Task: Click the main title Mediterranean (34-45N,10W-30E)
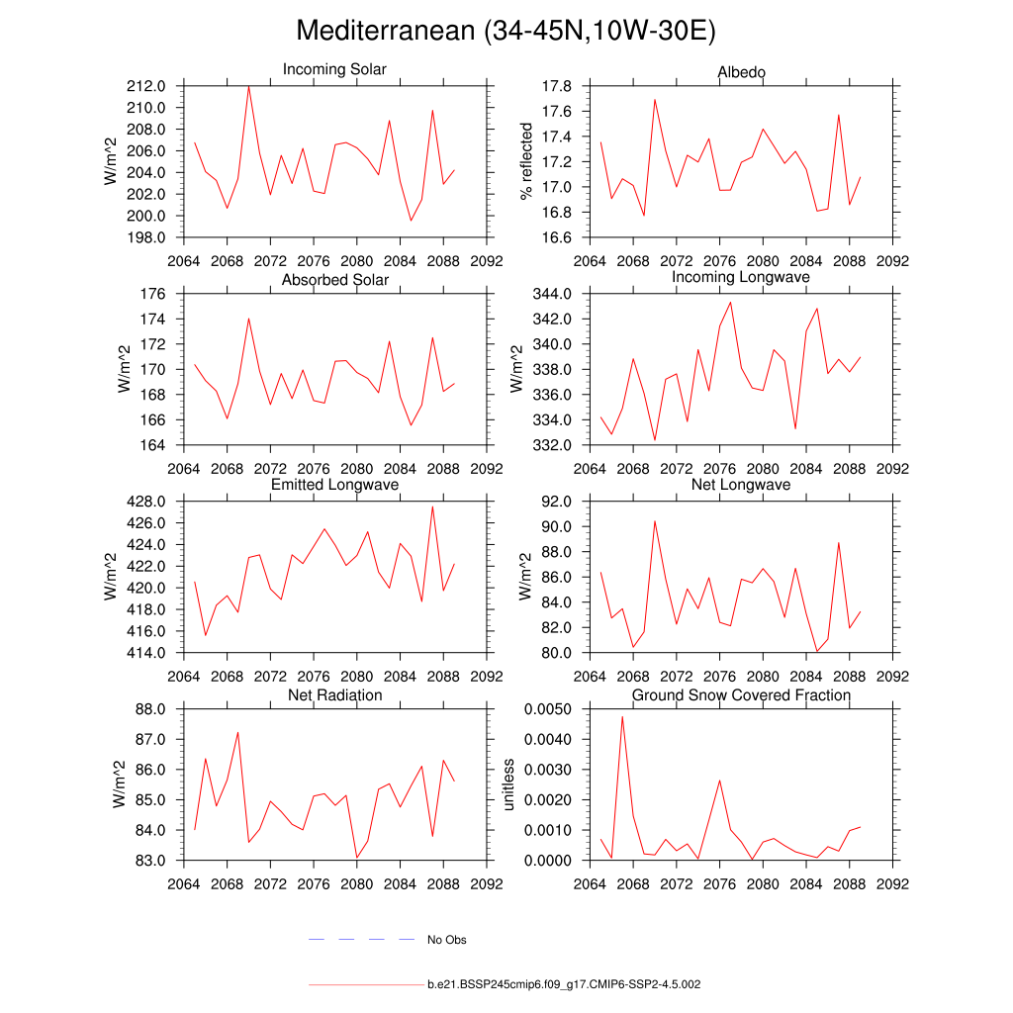[x=506, y=32]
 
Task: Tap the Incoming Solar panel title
[x=334, y=69]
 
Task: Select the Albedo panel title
[x=741, y=72]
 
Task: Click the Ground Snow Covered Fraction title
[x=741, y=695]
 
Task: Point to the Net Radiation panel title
[x=334, y=695]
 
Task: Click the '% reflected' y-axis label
[x=526, y=161]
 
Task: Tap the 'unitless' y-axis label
[x=509, y=784]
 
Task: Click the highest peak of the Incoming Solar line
[x=248, y=87]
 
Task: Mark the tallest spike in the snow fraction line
[x=622, y=716]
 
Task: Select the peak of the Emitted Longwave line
[x=432, y=506]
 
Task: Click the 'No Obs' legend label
[x=446, y=940]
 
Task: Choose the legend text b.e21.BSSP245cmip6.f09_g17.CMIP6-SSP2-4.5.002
[x=564, y=985]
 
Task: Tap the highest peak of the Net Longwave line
[x=655, y=520]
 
